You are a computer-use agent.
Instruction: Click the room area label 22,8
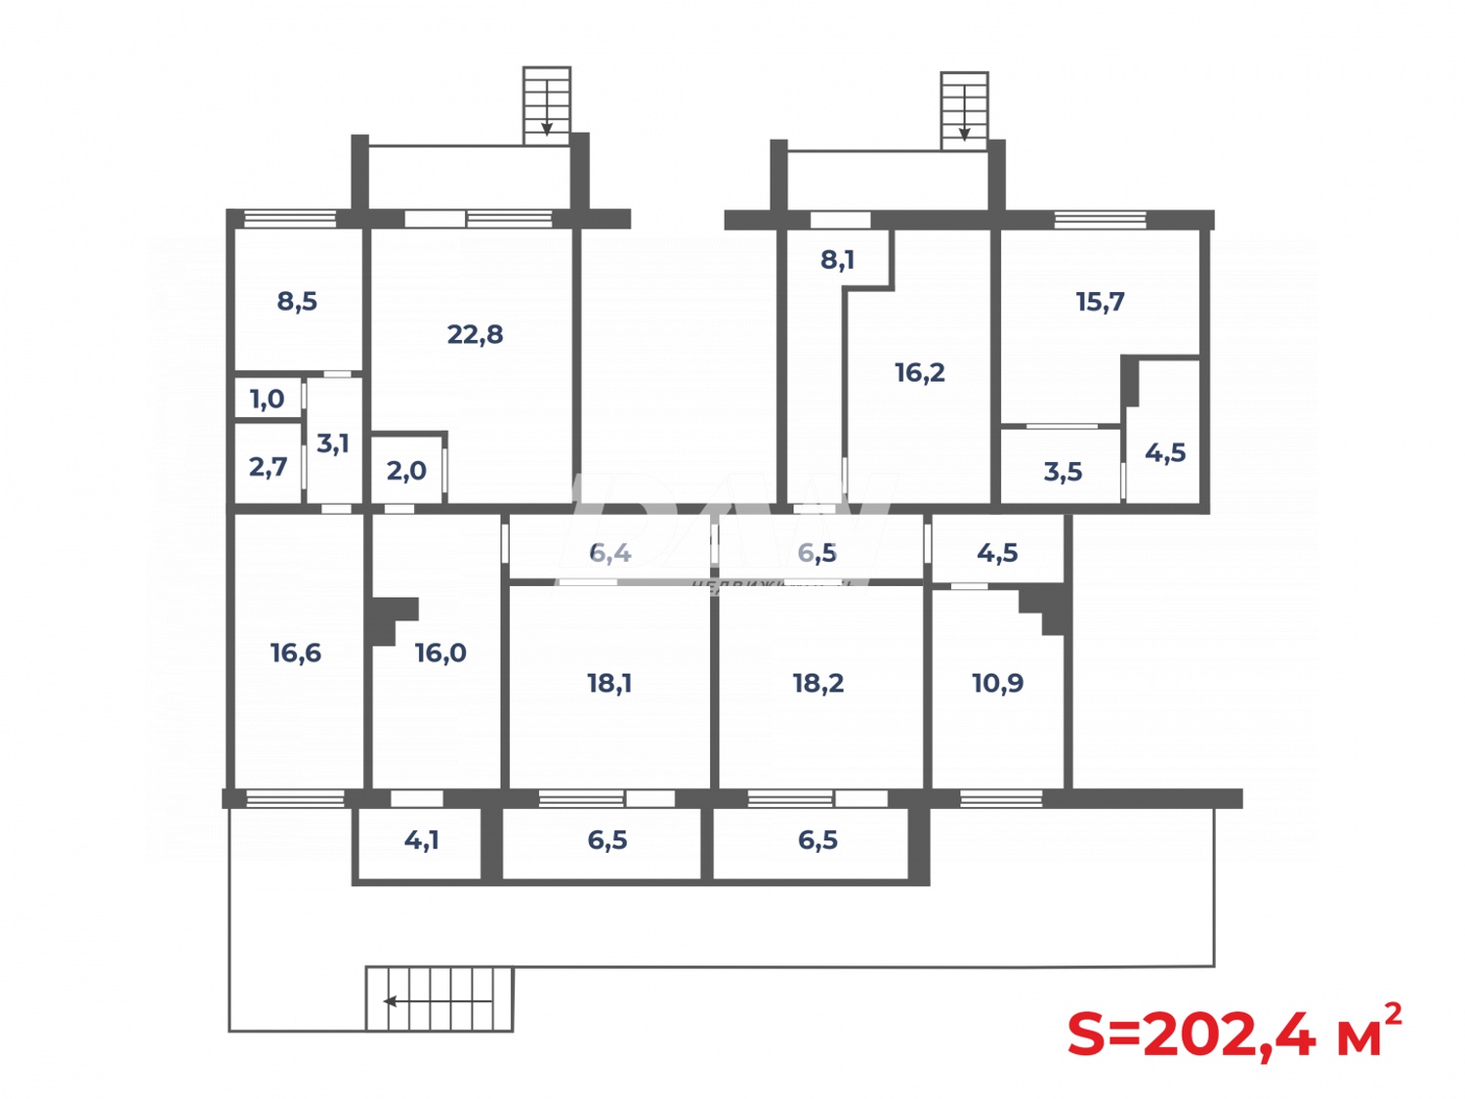tap(475, 334)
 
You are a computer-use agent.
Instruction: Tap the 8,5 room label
tap(297, 301)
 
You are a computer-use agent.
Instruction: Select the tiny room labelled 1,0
tap(267, 399)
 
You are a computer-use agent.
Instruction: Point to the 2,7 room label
tap(268, 467)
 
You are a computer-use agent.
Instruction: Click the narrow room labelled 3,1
tap(333, 444)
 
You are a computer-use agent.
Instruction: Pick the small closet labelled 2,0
tap(406, 471)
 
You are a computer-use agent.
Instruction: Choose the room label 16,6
tap(296, 653)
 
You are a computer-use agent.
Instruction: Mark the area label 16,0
tap(440, 653)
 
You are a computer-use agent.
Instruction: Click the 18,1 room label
tap(609, 683)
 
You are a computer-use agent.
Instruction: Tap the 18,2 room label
tap(818, 683)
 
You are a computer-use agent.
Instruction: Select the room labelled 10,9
tap(997, 683)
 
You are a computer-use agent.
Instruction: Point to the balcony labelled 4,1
tap(421, 840)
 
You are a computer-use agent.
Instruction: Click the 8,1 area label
tap(837, 260)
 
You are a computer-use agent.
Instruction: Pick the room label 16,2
tap(920, 372)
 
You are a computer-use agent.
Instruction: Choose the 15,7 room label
tap(1100, 302)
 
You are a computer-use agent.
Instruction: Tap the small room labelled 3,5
tap(1063, 472)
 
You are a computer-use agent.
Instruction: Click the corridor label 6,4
tap(610, 553)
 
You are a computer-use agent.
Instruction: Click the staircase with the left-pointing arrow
tap(439, 999)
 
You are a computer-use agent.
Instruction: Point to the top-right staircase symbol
tap(964, 110)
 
